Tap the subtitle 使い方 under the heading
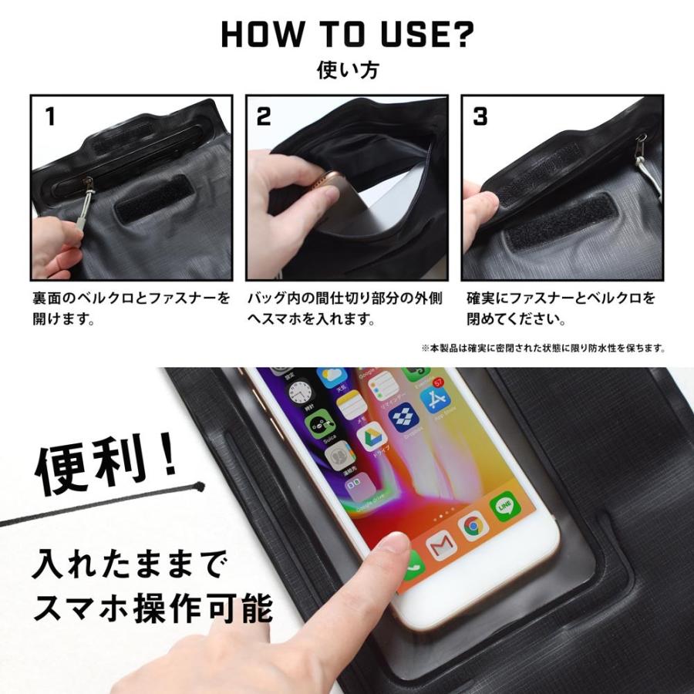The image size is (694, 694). [x=347, y=70]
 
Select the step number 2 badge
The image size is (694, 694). [x=264, y=116]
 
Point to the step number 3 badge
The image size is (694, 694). [x=480, y=116]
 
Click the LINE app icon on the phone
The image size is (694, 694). [x=505, y=506]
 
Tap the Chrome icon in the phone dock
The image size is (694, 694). [x=473, y=526]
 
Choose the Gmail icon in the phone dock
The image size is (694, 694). [x=441, y=546]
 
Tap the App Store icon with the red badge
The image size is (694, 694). [x=436, y=397]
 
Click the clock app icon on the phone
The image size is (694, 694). [x=302, y=392]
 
